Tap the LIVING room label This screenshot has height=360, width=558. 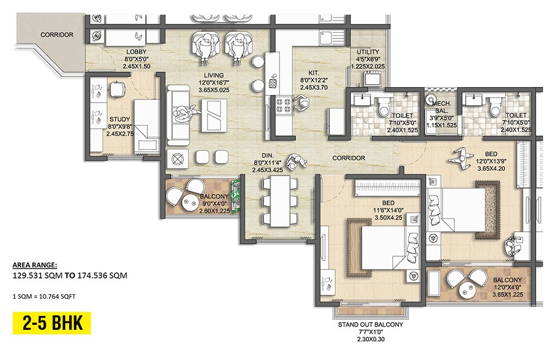click(214, 75)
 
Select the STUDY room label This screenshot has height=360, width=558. click(119, 119)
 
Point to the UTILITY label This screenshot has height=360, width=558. click(368, 52)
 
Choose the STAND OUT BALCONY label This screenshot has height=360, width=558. click(370, 324)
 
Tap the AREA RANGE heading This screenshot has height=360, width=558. click(34, 265)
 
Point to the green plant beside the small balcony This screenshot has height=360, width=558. click(237, 195)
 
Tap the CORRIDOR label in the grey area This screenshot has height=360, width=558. click(57, 35)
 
